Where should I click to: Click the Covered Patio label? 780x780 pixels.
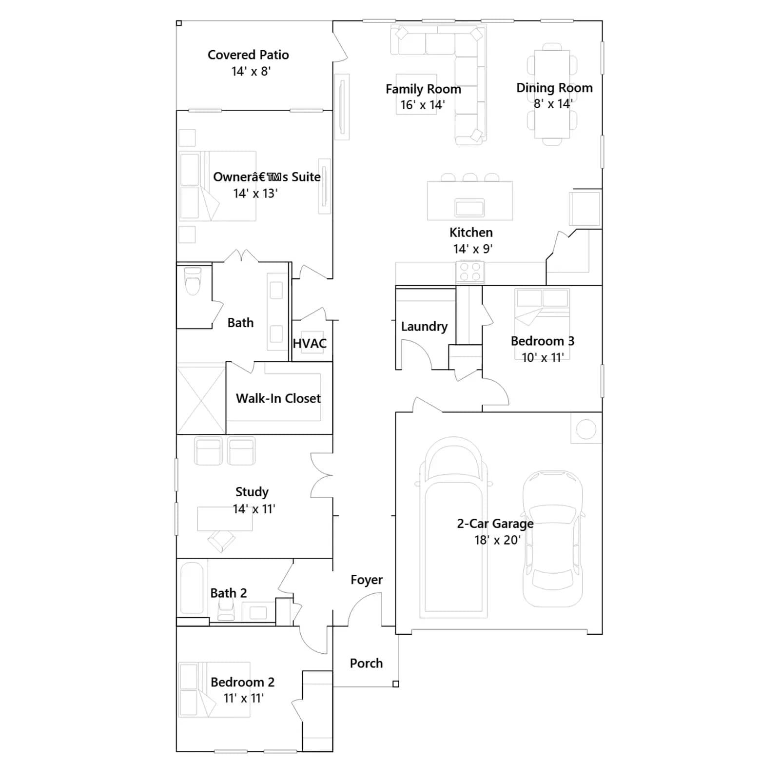pos(248,55)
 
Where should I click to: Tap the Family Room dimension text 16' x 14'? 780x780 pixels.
pos(422,105)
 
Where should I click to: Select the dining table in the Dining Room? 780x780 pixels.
pos(552,94)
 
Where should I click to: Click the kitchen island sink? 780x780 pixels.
pos(469,208)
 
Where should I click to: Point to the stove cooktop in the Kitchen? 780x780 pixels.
pos(470,272)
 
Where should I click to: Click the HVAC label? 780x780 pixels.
pos(310,344)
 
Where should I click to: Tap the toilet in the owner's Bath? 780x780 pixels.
pos(193,281)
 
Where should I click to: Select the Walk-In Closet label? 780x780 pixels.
pos(278,398)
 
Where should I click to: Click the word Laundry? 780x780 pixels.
pos(424,327)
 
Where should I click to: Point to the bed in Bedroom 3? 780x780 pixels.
pos(542,324)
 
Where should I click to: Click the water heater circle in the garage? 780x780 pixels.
pos(586,429)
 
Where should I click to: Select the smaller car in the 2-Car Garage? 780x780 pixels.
pos(553,539)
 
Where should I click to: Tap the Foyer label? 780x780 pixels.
pos(367,580)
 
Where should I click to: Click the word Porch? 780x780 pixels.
pos(366,663)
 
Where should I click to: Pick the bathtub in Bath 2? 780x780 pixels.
pos(192,588)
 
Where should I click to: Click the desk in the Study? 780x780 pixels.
pos(225,519)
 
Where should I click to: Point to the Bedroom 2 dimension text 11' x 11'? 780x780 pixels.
pos(243,698)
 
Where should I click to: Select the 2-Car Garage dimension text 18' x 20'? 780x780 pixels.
pos(497,540)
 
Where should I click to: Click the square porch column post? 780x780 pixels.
pos(396,684)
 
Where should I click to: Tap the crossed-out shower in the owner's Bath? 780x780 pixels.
pos(201,399)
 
